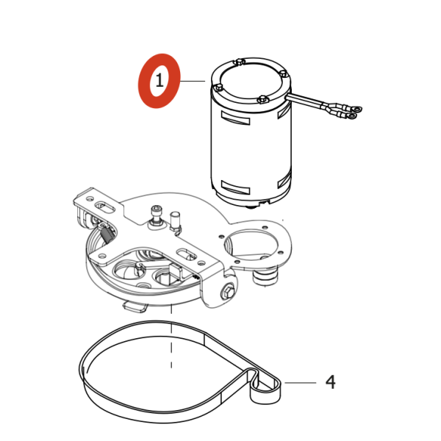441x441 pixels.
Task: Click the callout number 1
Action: coord(159,80)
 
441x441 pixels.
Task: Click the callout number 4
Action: coord(331,382)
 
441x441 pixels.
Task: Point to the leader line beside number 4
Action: coord(301,382)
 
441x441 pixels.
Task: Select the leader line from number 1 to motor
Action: coord(193,81)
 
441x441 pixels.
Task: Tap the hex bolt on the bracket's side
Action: coord(228,291)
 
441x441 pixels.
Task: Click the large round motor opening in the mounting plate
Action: coord(251,244)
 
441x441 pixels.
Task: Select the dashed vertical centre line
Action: coord(171,336)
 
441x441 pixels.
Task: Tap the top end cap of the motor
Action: coord(251,82)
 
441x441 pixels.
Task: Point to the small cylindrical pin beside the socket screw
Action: coord(175,221)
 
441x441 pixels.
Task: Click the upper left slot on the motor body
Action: coord(236,118)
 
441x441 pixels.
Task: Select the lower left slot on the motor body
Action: coord(236,187)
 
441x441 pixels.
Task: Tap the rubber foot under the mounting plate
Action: coord(265,277)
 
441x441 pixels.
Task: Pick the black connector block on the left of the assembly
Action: coord(107,234)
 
